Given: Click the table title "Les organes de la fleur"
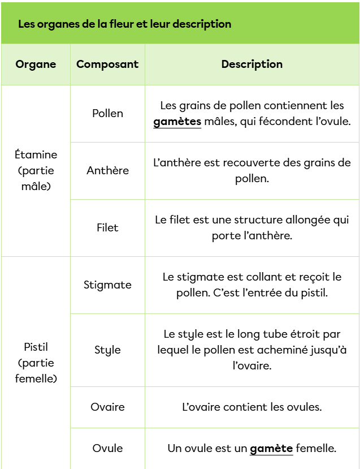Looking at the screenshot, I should [x=124, y=24].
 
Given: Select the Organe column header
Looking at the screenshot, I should [x=36, y=64].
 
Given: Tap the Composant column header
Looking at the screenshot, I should [x=107, y=64].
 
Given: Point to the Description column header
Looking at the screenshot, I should [x=252, y=64].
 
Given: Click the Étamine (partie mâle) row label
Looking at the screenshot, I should [x=36, y=170].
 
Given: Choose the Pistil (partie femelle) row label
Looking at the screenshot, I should [x=36, y=363].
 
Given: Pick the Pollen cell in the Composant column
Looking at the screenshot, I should [x=107, y=113].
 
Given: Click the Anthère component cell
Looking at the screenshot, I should [x=107, y=170].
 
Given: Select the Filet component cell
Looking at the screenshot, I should [x=107, y=227].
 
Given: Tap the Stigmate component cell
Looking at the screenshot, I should [x=107, y=285].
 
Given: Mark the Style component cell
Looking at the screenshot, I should [x=107, y=350].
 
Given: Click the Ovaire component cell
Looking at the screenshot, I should [x=107, y=407].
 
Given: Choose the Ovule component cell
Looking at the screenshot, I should [x=107, y=448].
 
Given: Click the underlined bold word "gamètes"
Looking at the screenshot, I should [x=177, y=122].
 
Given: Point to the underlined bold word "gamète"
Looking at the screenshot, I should [x=271, y=449].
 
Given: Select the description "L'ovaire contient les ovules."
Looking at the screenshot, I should [x=252, y=407].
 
